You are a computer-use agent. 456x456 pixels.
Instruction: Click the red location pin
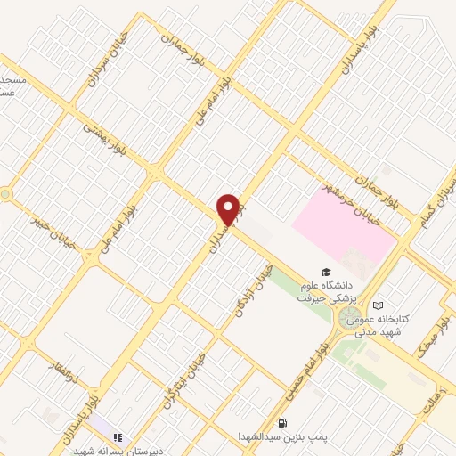[x=228, y=209]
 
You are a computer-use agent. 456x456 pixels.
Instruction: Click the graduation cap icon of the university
[x=326, y=272]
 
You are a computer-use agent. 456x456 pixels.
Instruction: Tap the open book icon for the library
[x=378, y=305]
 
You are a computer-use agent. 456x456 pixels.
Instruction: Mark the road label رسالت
[x=440, y=389]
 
